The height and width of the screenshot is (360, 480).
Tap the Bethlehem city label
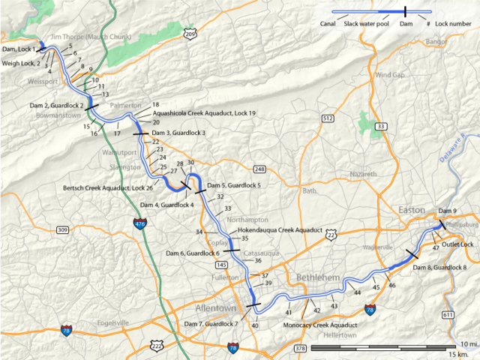318,277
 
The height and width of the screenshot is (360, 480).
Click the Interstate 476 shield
139,223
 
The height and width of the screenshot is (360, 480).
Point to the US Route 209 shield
190,34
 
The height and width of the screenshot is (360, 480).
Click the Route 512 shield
327,118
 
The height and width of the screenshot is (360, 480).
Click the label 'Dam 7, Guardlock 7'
211,324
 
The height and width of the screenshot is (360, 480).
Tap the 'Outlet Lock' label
457,244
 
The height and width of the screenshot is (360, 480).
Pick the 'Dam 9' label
448,210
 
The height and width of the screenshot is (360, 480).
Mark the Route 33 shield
382,127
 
